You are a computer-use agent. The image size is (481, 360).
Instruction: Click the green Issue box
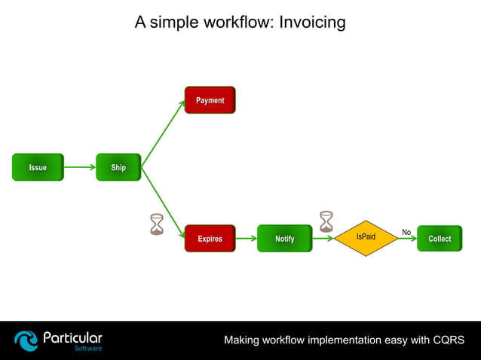click(x=38, y=167)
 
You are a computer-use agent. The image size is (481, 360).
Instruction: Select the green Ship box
click(x=118, y=167)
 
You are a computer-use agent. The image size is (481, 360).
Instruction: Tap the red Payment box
click(x=210, y=100)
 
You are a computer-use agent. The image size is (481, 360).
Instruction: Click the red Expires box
click(x=210, y=239)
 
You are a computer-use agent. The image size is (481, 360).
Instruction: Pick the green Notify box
click(x=284, y=239)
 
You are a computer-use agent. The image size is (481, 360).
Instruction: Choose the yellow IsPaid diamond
click(x=366, y=238)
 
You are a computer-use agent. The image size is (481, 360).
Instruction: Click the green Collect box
click(x=439, y=239)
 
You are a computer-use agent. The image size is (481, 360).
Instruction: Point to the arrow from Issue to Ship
click(x=80, y=167)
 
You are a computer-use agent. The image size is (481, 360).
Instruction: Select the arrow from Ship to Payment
click(x=163, y=133)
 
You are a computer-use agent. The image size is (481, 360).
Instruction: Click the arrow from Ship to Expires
click(x=163, y=202)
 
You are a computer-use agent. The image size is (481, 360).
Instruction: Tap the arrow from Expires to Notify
click(x=246, y=239)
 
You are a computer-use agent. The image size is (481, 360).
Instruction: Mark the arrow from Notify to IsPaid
click(x=323, y=239)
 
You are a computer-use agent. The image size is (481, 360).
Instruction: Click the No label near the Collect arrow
click(x=406, y=232)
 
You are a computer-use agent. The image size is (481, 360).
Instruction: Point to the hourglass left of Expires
click(x=157, y=224)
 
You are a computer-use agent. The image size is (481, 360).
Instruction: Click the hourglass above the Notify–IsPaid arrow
click(x=326, y=221)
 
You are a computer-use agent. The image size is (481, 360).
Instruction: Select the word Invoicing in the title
click(x=312, y=22)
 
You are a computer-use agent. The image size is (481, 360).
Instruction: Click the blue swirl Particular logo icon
click(x=26, y=340)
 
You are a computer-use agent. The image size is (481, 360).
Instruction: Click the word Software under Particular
click(x=88, y=349)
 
